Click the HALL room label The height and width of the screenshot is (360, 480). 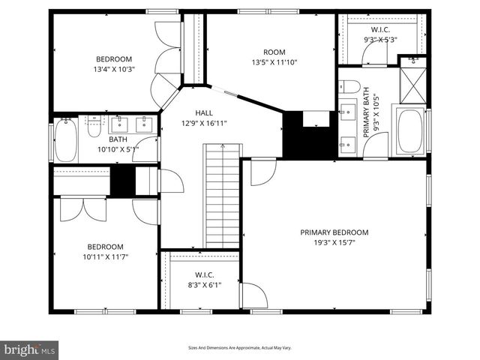(193, 112)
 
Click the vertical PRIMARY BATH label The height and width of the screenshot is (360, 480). (367, 112)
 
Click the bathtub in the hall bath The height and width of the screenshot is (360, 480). (66, 141)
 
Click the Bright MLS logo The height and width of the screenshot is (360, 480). (30, 349)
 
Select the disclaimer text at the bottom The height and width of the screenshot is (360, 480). (239, 348)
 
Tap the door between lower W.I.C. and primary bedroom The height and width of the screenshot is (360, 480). (253, 295)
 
